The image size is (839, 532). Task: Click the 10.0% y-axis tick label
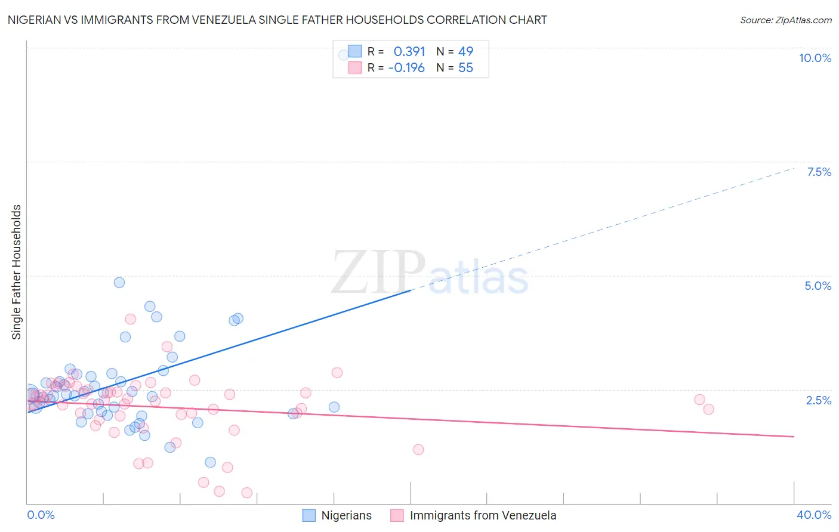(x=815, y=58)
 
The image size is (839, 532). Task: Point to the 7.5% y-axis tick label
(x=819, y=172)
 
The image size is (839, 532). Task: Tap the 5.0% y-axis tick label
(x=818, y=286)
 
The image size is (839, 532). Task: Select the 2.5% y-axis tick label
(x=818, y=400)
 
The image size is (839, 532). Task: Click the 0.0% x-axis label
(x=41, y=515)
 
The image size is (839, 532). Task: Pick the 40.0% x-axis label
(x=813, y=515)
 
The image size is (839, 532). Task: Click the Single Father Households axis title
(x=17, y=272)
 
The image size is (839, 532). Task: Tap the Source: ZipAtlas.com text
(x=785, y=20)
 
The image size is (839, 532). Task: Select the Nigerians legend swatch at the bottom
(x=309, y=515)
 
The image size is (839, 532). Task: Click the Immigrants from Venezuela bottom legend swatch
(x=397, y=515)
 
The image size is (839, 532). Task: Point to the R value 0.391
(x=409, y=52)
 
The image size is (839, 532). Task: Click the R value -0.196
(x=406, y=68)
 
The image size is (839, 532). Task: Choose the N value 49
(x=465, y=52)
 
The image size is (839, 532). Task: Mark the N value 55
(x=465, y=68)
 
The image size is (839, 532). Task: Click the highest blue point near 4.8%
(x=119, y=283)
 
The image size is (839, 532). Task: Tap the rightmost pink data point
(x=708, y=409)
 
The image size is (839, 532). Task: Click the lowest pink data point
(x=246, y=493)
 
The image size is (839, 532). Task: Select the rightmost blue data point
(x=334, y=407)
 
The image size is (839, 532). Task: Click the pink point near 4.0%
(x=130, y=319)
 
